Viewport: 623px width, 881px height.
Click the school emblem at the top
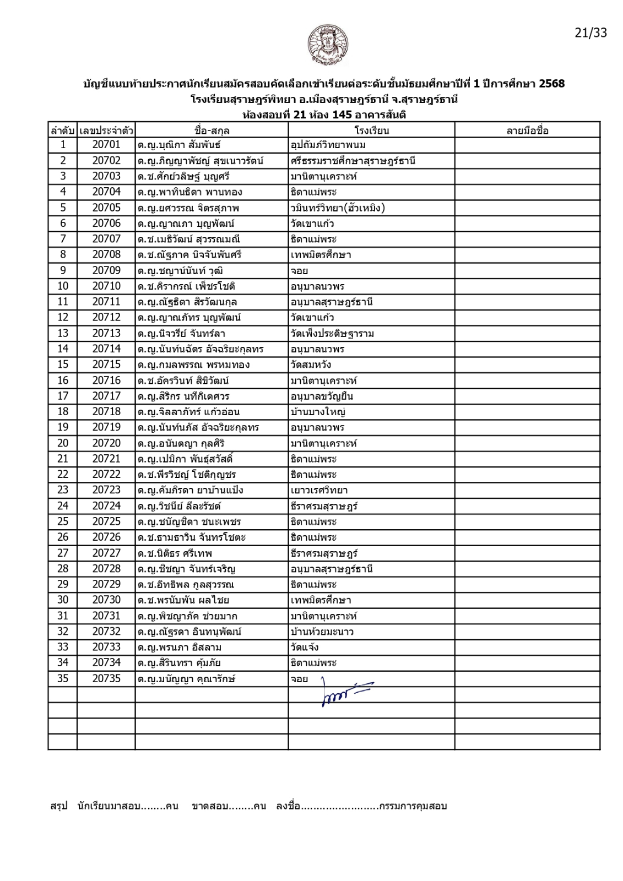pos(328,45)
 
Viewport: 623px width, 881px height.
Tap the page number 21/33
pos(591,33)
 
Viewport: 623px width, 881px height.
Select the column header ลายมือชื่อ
pos(527,130)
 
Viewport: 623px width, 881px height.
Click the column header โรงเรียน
pos(371,130)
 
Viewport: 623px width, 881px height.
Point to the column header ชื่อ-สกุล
pos(212,130)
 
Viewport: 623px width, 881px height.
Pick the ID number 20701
pos(106,145)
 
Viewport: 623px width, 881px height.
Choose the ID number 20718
pos(106,411)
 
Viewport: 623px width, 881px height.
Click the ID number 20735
pos(106,678)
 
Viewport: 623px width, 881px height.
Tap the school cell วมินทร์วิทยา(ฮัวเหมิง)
pos(338,208)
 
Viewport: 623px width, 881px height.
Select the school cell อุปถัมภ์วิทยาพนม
pos(328,145)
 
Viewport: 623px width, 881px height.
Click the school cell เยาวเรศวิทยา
pos(319,490)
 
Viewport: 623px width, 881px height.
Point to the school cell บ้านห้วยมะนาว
pos(322,632)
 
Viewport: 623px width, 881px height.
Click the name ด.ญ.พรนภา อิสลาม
pos(180,647)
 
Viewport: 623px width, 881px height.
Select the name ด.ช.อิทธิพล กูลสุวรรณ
pos(186,584)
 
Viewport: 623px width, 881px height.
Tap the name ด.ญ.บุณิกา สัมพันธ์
pos(179,145)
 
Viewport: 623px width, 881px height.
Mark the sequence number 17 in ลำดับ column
pos(63,396)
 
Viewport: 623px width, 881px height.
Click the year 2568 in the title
pos(551,84)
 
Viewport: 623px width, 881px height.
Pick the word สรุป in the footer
pos(58,806)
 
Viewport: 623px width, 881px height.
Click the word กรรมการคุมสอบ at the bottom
pos(413,806)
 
